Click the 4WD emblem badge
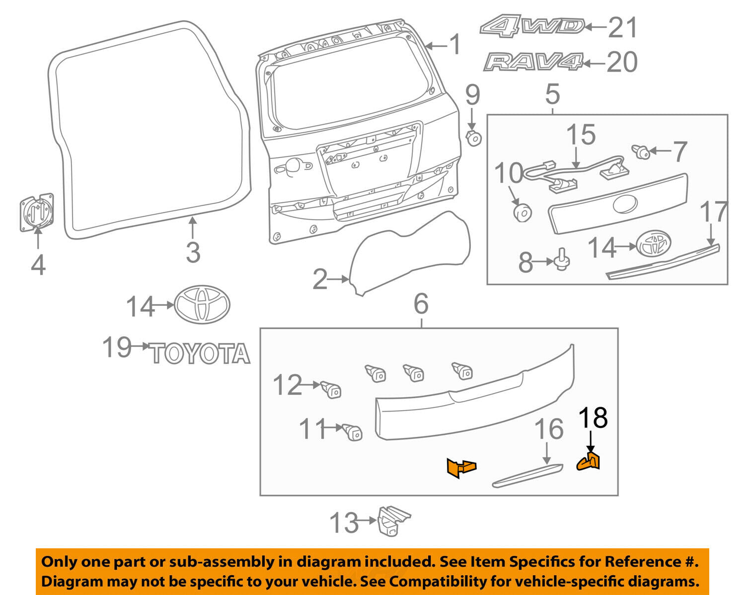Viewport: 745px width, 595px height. [532, 25]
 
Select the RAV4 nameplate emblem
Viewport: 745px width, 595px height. [533, 62]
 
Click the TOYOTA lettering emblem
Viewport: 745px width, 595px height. [200, 353]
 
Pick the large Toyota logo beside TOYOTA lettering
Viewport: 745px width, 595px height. [202, 304]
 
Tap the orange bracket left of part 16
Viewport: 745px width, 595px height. [461, 468]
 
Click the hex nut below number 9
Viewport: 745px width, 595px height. [474, 137]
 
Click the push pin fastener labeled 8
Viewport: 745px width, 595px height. [563, 260]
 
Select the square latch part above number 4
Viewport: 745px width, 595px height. [37, 212]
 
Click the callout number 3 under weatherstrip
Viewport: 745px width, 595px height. [193, 252]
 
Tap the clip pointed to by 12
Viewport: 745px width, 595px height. [331, 389]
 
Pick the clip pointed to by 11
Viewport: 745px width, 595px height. [353, 431]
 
